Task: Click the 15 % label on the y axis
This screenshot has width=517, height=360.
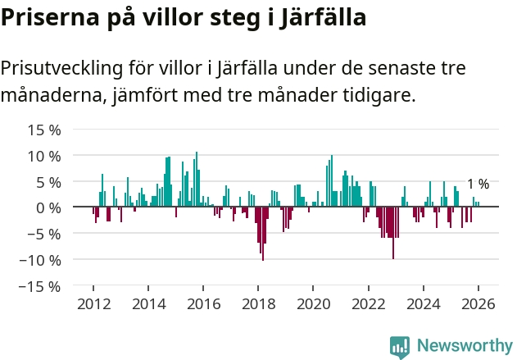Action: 45,130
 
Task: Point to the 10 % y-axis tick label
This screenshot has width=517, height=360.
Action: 45,156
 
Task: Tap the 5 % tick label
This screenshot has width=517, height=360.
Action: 48,182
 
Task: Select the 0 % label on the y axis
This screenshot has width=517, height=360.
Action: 48,207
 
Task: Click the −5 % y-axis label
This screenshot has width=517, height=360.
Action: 45,234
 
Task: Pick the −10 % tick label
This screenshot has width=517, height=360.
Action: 42,260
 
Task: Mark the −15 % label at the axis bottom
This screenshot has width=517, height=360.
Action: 42,286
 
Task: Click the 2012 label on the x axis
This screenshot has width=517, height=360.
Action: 93,303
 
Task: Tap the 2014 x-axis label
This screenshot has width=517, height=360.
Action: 148,303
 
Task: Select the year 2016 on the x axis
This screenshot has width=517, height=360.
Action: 203,303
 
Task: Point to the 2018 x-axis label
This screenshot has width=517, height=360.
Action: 258,303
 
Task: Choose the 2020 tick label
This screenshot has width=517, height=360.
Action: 313,303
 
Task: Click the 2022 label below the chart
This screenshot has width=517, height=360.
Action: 369,303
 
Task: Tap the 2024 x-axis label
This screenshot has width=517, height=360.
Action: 424,303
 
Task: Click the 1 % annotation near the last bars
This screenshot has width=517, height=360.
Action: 478,185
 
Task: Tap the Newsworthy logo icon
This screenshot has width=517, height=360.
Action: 400,346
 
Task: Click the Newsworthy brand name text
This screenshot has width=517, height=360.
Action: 464,346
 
